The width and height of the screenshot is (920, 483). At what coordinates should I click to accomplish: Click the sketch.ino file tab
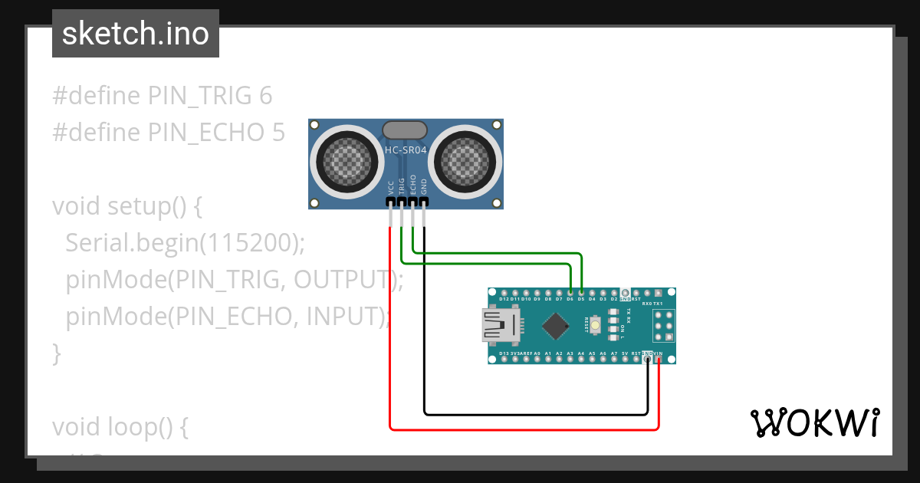click(x=136, y=34)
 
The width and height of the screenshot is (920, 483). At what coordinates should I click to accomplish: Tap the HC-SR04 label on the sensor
click(x=405, y=150)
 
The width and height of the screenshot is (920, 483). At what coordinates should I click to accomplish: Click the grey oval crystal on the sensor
click(x=405, y=130)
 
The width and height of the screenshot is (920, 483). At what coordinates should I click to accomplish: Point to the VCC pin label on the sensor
click(x=391, y=187)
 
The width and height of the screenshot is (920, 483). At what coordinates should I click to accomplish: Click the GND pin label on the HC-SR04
click(x=424, y=187)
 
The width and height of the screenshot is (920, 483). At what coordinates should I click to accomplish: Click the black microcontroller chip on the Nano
click(x=556, y=326)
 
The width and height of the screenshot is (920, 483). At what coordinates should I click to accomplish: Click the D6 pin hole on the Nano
click(x=570, y=292)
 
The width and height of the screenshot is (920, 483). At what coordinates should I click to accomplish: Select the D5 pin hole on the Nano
click(x=582, y=292)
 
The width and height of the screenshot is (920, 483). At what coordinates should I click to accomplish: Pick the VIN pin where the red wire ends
click(x=659, y=360)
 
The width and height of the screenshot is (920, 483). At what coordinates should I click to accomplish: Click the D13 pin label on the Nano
click(x=504, y=353)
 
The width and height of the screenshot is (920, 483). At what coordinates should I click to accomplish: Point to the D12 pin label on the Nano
click(x=504, y=298)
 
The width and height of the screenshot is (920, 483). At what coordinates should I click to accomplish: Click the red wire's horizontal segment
click(x=521, y=429)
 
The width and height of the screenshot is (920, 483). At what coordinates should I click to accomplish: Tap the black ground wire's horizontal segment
click(x=537, y=414)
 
